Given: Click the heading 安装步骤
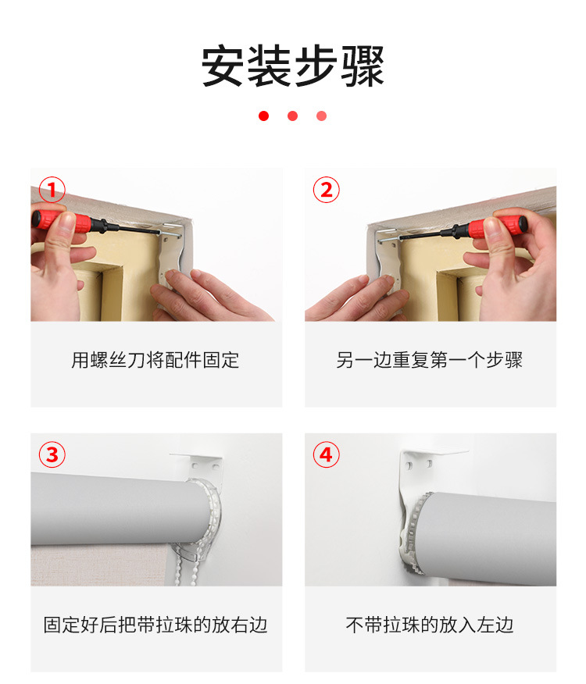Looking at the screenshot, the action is tap(292, 66).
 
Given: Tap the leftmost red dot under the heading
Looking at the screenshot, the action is tap(264, 116).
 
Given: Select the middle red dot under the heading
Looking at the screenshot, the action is tap(292, 116).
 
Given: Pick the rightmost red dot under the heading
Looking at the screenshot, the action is tap(321, 116).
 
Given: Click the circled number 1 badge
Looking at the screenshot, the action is tap(52, 190).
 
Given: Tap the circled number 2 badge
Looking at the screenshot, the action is tap(326, 190).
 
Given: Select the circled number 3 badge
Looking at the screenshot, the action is tap(52, 454).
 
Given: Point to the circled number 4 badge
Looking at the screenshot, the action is tap(326, 454).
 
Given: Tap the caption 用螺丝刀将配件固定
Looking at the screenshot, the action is tap(155, 360).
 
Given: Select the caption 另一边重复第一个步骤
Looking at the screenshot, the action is tap(429, 360).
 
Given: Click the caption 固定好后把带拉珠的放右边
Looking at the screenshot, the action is tap(155, 625).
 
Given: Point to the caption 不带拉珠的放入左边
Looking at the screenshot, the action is tap(429, 625).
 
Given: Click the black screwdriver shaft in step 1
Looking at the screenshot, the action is tap(131, 228).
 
